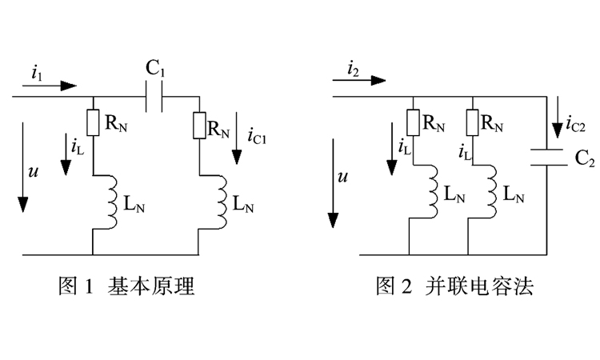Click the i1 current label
tap(37, 72)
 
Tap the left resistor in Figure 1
tap(93, 122)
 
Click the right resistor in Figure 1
tap(198, 125)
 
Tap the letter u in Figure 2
tap(342, 178)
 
